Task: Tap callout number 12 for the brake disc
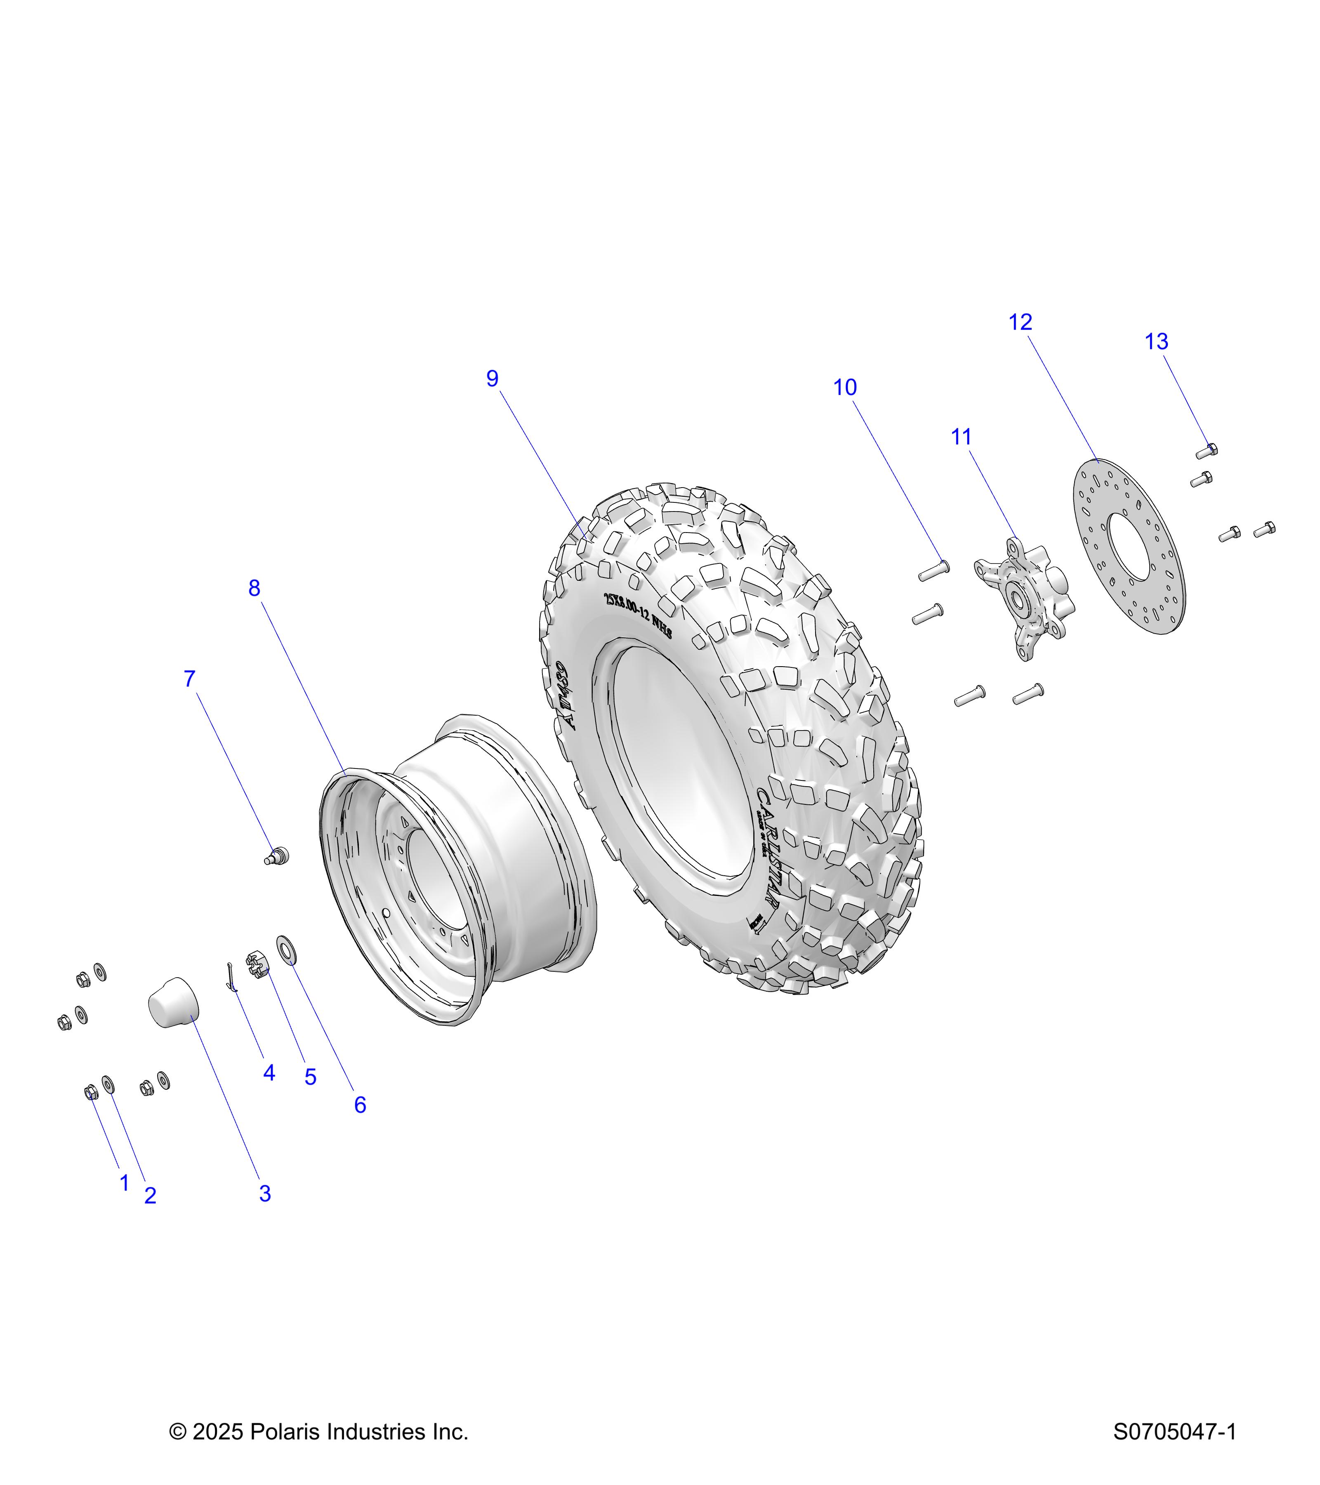[1020, 322]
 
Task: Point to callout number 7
[190, 679]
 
